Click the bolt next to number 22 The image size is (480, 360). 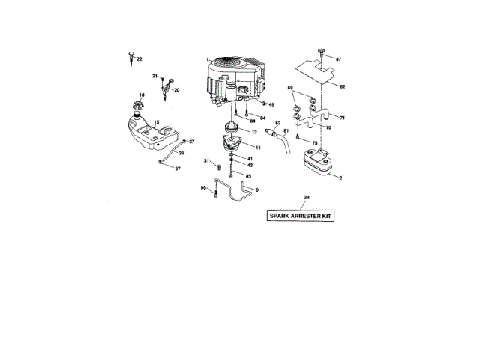coord(130,56)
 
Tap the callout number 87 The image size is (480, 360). coord(339,58)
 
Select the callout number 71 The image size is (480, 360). coord(342,118)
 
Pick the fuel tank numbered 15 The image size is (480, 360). coord(150,135)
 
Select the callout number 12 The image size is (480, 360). coord(254,132)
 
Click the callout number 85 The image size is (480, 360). coord(249,175)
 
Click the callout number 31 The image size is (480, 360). coord(205,161)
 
